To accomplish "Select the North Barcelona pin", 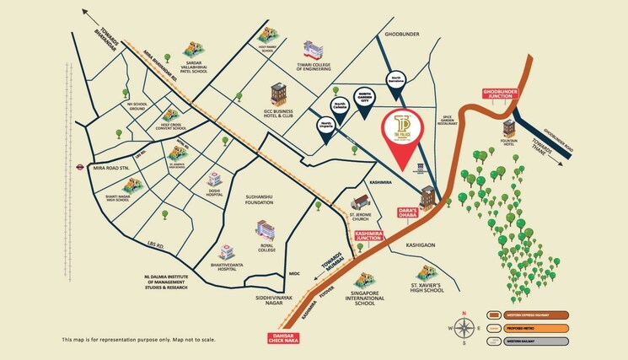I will click(395, 81).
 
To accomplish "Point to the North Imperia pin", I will click(325, 126).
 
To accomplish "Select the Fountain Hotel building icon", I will click(509, 129).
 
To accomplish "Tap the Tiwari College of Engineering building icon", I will click(314, 49).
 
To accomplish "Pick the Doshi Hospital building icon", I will click(215, 180).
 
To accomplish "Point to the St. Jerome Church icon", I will click(361, 202).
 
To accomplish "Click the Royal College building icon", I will click(266, 228).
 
